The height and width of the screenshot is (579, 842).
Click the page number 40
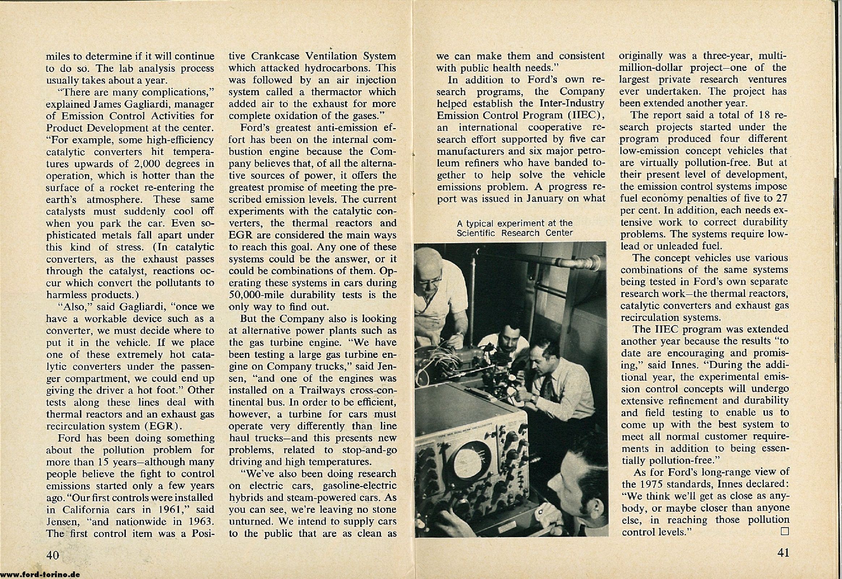point(52,555)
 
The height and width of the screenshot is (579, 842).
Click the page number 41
point(783,552)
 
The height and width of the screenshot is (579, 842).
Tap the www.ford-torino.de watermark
point(40,574)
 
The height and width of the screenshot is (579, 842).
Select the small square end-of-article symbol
point(785,531)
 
